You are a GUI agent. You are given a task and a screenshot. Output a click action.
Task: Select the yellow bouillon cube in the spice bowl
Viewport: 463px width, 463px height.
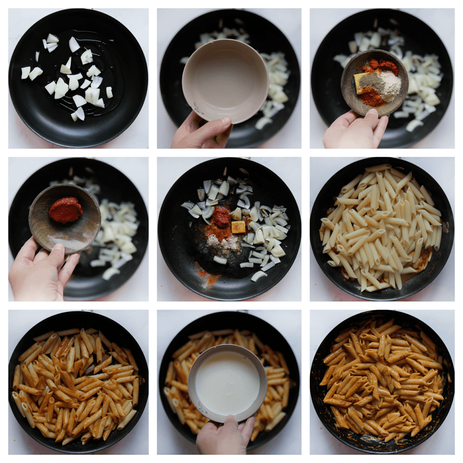(x=359, y=83)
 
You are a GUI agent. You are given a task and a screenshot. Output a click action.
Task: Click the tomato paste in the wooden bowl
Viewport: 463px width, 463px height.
(x=66, y=210)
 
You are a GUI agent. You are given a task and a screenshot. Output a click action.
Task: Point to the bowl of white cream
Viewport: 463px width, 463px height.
(x=227, y=383)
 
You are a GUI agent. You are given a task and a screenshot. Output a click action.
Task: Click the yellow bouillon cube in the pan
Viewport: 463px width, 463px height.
(x=238, y=227)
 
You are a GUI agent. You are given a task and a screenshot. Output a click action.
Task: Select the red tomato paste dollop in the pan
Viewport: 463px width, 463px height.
(x=222, y=217)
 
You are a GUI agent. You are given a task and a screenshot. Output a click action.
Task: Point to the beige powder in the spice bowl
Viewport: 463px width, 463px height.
(x=390, y=85)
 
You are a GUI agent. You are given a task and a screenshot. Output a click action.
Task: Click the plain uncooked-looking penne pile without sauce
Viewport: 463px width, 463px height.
(x=380, y=226)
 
